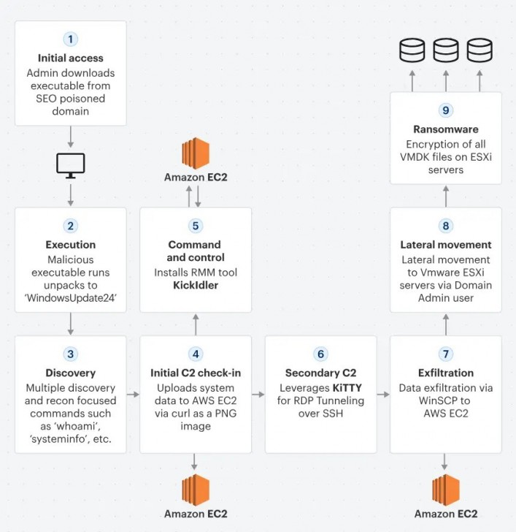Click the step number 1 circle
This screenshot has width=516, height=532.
[x=71, y=39]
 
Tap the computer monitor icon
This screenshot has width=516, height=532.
[x=71, y=165]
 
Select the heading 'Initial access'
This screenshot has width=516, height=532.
[x=71, y=58]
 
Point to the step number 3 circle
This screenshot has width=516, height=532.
[x=71, y=354]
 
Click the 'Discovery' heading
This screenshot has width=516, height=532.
[x=71, y=373]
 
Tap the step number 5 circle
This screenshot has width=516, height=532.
[x=196, y=226]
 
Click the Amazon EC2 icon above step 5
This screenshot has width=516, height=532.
[x=196, y=153]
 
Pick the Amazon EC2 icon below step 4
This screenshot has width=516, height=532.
[x=196, y=490]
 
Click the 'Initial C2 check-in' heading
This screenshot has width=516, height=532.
[x=196, y=373]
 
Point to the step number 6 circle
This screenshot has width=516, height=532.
[x=320, y=354]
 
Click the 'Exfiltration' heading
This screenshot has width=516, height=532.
[x=445, y=373]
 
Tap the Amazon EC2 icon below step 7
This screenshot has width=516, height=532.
[x=445, y=490]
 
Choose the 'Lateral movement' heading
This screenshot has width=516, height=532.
[x=445, y=245]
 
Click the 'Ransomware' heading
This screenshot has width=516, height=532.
[x=445, y=129]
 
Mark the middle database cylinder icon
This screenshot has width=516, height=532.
[x=445, y=51]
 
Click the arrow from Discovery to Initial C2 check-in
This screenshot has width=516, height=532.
[x=133, y=395]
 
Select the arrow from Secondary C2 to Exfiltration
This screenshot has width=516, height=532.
[x=382, y=395]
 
